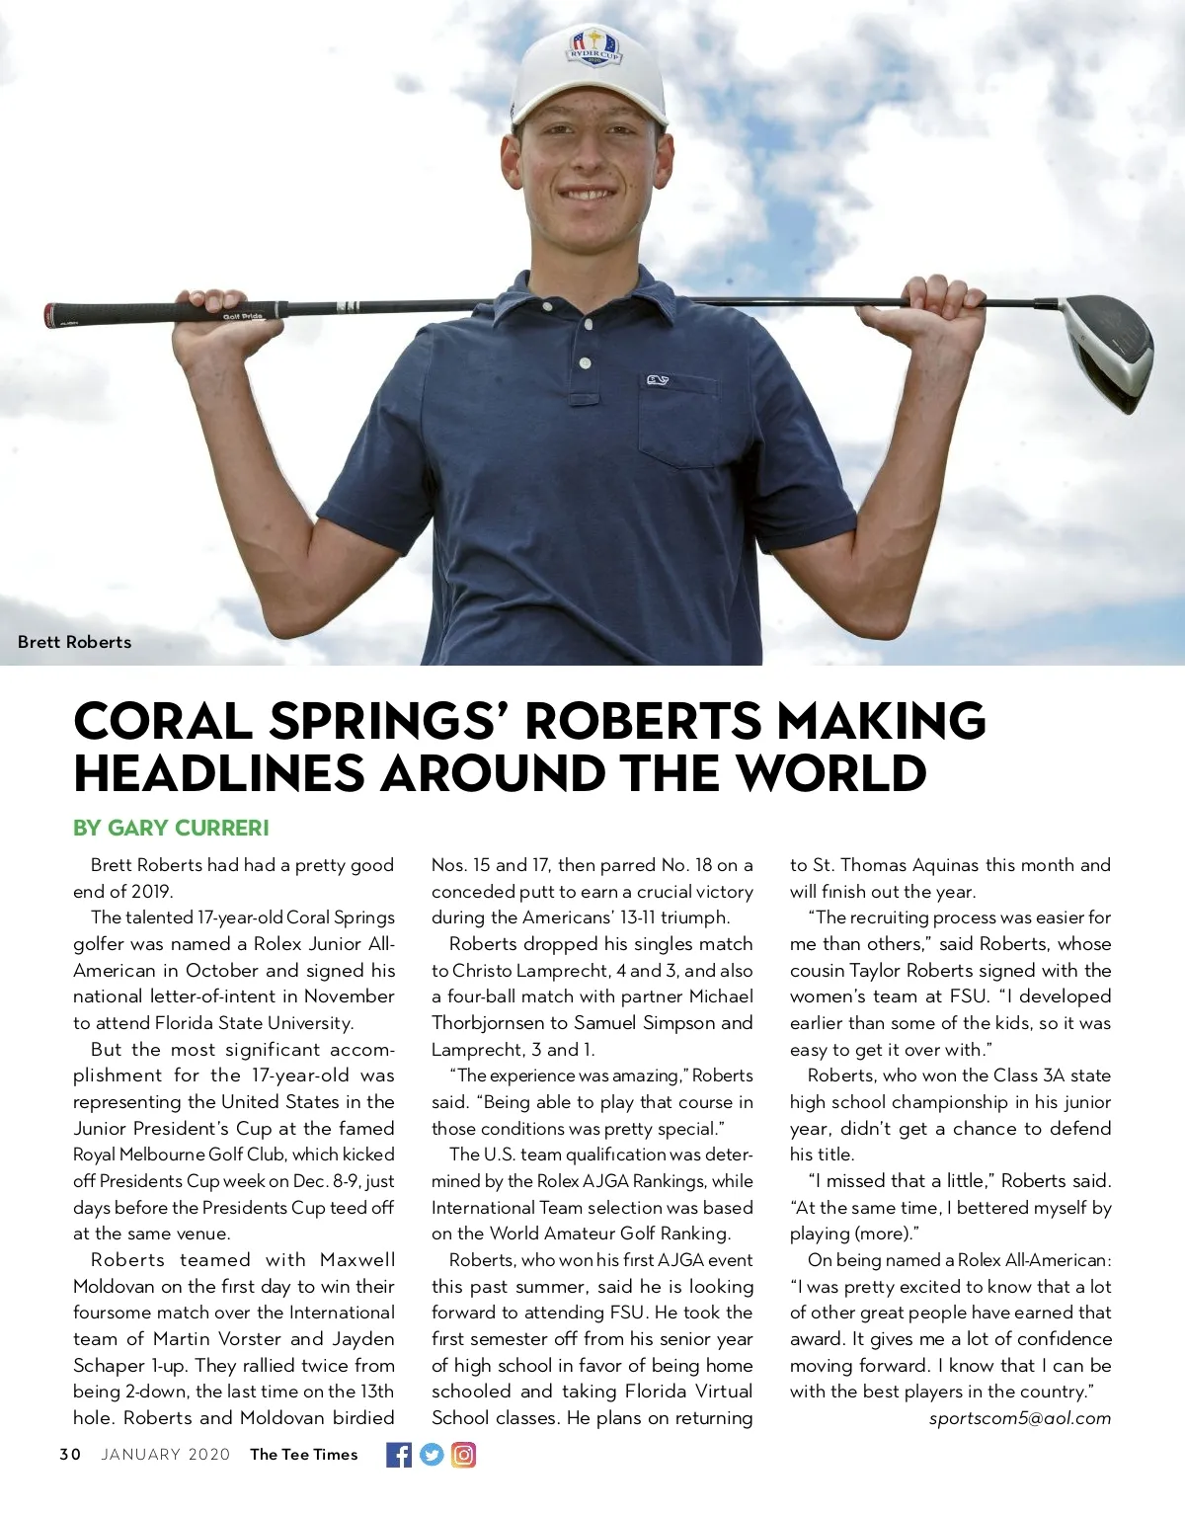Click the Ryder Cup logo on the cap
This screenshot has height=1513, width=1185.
592,46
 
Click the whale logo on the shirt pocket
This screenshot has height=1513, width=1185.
658,380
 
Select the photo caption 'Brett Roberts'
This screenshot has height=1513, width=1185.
74,642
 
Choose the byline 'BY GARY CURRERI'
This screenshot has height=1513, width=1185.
171,828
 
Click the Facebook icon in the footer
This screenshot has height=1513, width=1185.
399,1454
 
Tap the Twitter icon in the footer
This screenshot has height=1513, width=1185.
432,1454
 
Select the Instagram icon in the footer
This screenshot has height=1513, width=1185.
463,1454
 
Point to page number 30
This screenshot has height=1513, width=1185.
70,1454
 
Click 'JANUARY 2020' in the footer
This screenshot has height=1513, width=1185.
165,1454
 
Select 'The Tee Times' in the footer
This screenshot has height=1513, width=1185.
303,1454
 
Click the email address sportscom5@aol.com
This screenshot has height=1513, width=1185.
1019,1418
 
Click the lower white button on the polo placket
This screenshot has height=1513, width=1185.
586,362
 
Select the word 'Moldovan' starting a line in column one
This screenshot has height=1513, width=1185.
114,1287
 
